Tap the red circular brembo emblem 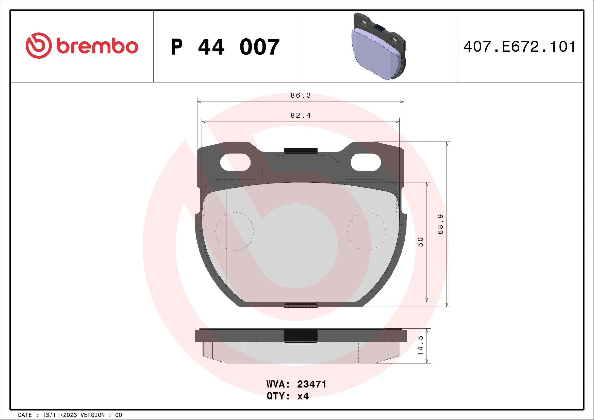[x=39, y=45]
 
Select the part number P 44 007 [x=225, y=47]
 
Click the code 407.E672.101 [x=519, y=47]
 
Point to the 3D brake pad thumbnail [x=379, y=46]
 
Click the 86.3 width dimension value [x=301, y=95]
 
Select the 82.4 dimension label [x=301, y=115]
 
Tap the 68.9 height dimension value [x=440, y=224]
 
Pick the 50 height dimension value [x=420, y=242]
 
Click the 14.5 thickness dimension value [x=420, y=346]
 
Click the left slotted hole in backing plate [x=235, y=162]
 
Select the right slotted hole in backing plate [x=366, y=162]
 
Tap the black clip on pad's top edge [x=300, y=151]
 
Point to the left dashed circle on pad [x=235, y=231]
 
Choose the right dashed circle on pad [x=366, y=231]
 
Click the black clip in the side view [x=300, y=336]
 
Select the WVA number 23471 [x=311, y=384]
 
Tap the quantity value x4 [x=303, y=396]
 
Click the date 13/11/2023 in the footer [x=59, y=415]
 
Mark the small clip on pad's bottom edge [x=300, y=306]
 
